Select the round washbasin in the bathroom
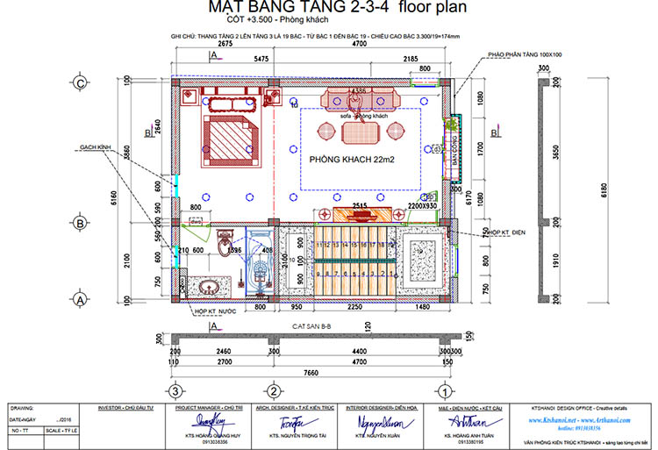(209, 286)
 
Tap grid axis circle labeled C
(80, 83)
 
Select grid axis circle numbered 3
(175, 390)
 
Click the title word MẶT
(226, 8)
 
